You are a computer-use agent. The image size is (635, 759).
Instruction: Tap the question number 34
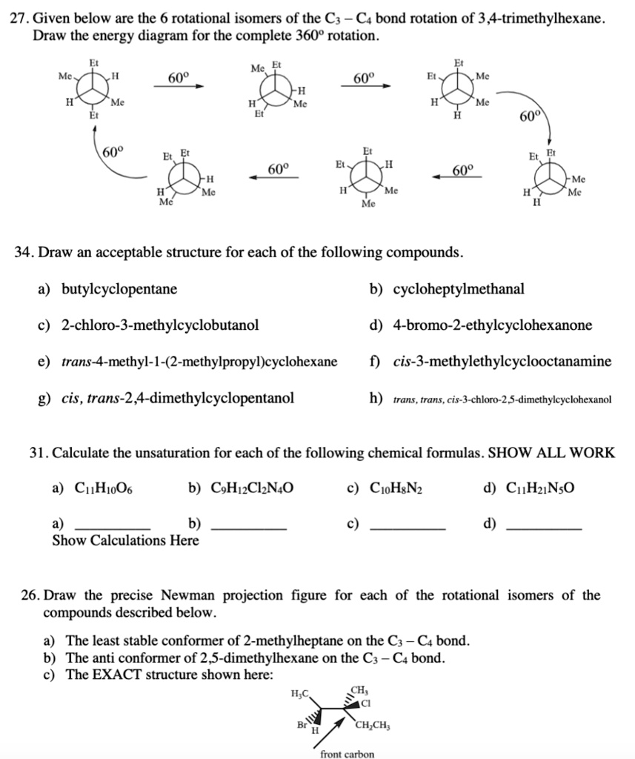24,253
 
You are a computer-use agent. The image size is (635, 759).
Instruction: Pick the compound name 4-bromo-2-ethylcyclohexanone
493,325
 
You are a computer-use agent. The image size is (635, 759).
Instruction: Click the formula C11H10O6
104,488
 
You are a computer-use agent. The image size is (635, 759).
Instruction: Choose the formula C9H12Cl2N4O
252,488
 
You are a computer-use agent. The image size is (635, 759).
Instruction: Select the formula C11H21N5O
540,488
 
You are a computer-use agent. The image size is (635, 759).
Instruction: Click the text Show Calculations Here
125,540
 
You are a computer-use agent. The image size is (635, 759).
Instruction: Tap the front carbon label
347,754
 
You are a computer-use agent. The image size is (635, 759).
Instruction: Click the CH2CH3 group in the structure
379,726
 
